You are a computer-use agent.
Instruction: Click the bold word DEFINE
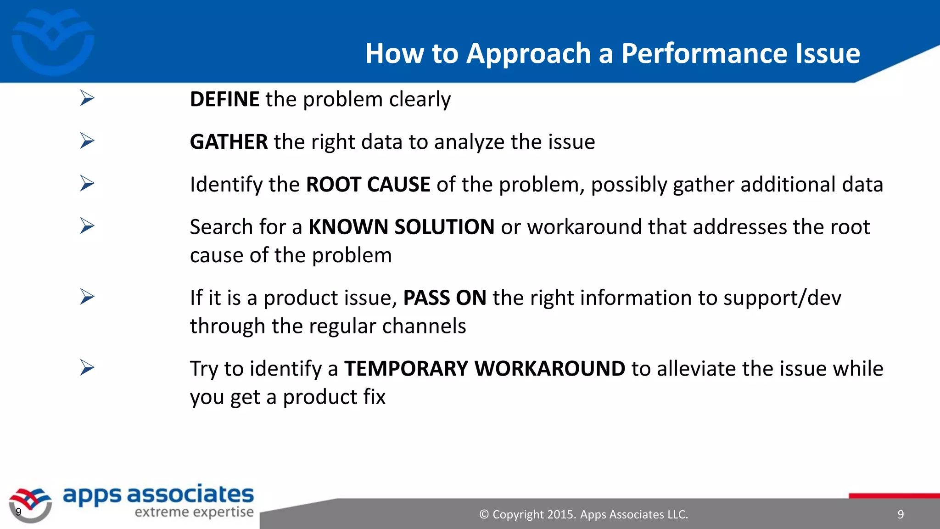[224, 100]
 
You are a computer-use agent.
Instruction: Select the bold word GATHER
[229, 142]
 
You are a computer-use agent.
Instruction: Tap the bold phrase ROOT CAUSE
[368, 185]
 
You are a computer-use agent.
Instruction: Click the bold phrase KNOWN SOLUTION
[401, 227]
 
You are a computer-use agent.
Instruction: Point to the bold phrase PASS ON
[444, 298]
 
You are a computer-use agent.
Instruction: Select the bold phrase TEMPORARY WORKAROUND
[484, 369]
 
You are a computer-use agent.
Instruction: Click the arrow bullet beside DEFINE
[87, 98]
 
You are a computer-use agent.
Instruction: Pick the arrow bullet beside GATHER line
[87, 141]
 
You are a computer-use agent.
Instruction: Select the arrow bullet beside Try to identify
[87, 367]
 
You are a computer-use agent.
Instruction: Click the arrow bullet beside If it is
[87, 297]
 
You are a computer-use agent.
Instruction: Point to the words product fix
[334, 397]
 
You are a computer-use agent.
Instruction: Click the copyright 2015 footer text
[583, 515]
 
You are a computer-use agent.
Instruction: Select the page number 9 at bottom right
[901, 515]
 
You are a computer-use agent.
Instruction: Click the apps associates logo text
[158, 495]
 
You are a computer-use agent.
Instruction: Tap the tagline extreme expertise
[194, 512]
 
